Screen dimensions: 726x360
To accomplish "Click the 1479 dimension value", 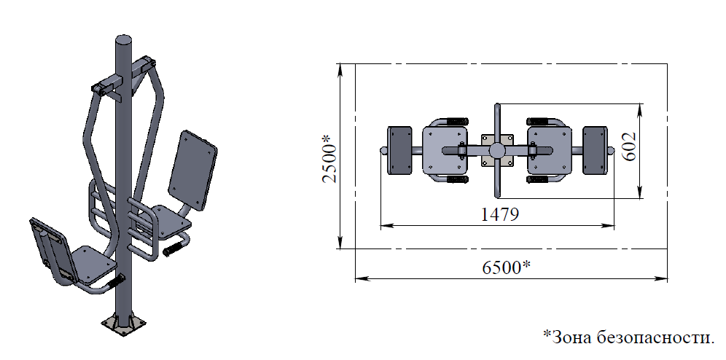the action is coord(500,214).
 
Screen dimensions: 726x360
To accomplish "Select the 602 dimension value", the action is coord(628,146).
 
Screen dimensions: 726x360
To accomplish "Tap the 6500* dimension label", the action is coord(506,267).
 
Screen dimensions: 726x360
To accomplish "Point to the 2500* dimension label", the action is coord(330,158).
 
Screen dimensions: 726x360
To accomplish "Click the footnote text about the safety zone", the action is coord(628,337).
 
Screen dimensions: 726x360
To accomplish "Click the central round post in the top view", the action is coord(497,150).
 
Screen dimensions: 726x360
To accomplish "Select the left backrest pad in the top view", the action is coord(399,150).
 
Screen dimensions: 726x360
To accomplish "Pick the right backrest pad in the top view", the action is coord(595,150).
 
